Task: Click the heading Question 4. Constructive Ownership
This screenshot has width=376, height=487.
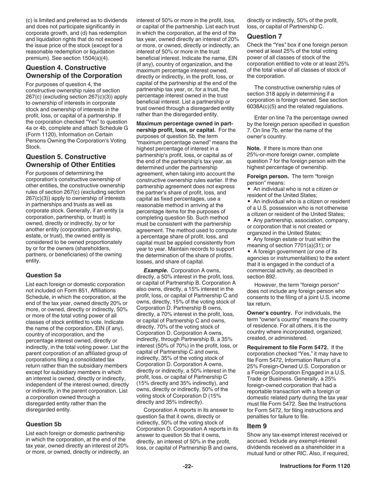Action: pos(74,71)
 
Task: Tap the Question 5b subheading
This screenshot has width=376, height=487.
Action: pos(44,424)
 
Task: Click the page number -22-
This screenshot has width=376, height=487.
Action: pos(188,466)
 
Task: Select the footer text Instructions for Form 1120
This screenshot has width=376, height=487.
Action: pos(315,466)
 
